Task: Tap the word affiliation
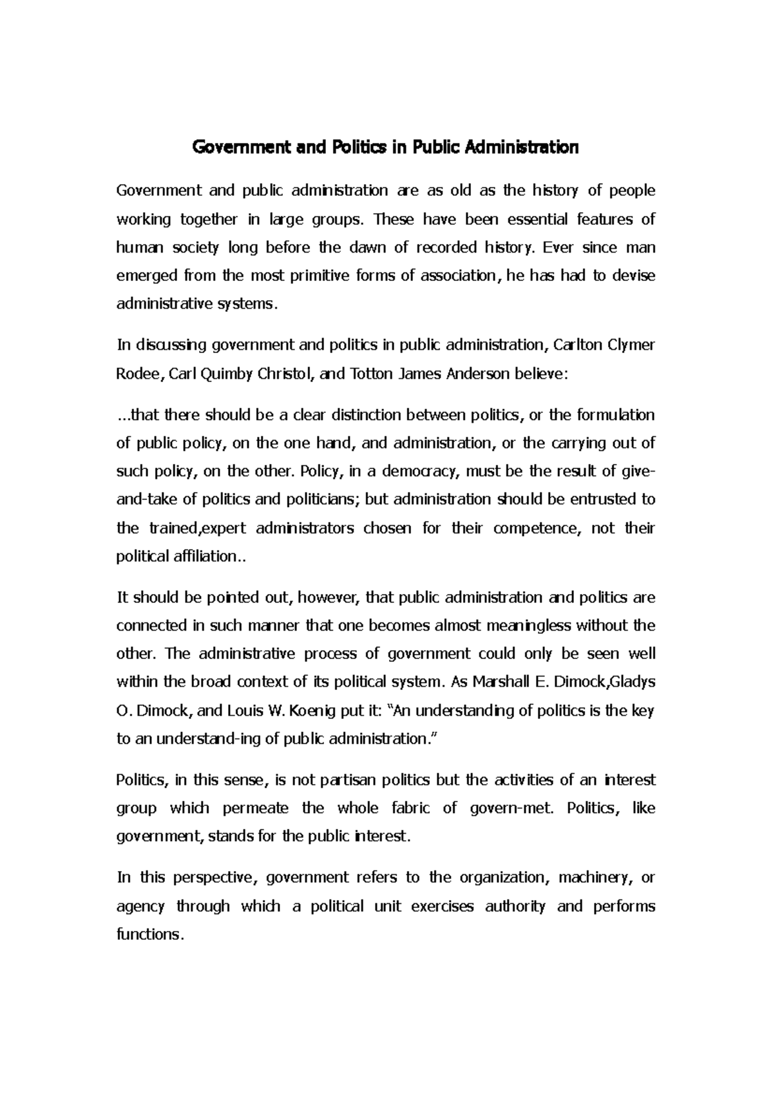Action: click(x=202, y=556)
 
